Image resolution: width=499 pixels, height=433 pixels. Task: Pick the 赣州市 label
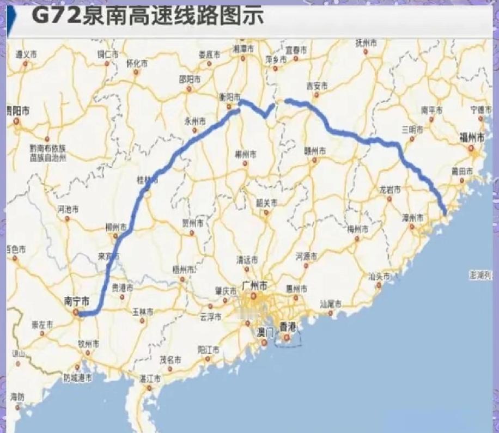point(314,150)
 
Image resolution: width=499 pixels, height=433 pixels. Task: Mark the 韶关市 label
point(266,202)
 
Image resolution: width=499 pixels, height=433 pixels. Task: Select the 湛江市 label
point(149,377)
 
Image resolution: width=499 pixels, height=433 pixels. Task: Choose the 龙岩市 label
point(390,190)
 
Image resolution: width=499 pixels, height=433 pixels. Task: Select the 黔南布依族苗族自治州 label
point(48,153)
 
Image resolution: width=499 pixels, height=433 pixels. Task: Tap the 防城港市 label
point(77,377)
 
